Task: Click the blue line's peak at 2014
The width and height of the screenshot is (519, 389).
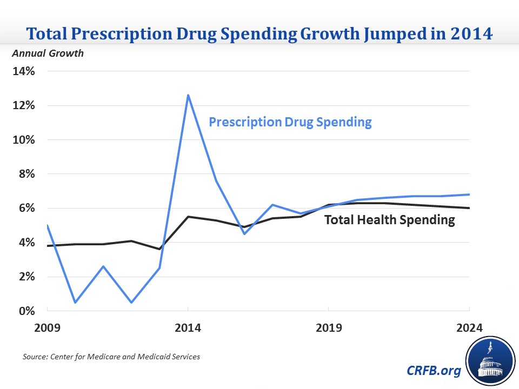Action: pyautogui.click(x=188, y=95)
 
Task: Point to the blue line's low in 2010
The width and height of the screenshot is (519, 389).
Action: pyautogui.click(x=75, y=303)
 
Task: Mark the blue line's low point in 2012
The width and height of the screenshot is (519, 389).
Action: pyautogui.click(x=131, y=303)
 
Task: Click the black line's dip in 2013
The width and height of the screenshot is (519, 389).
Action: pyautogui.click(x=159, y=249)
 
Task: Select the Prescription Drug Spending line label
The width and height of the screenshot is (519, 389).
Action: pyautogui.click(x=290, y=122)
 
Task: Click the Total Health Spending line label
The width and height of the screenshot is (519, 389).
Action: pyautogui.click(x=389, y=220)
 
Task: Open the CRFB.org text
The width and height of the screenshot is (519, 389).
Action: pyautogui.click(x=433, y=371)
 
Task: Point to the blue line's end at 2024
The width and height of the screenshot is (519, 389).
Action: pyautogui.click(x=468, y=194)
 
